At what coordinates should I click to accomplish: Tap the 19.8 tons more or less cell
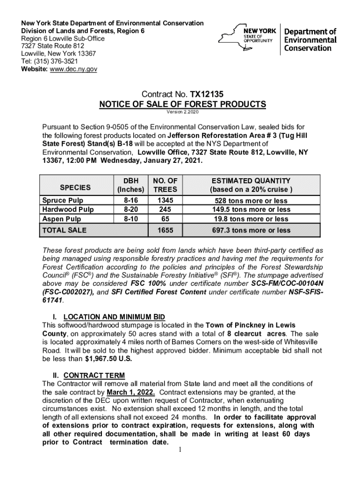tap(251, 219)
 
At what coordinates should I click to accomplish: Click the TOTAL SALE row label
tap(65, 230)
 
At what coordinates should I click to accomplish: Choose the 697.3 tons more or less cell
tap(251, 230)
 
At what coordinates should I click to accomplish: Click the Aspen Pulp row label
tap(62, 219)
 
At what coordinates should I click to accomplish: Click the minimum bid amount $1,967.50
tap(108, 359)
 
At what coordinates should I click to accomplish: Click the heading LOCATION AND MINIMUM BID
tap(114, 317)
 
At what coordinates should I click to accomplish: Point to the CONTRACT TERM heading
tap(94, 375)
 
